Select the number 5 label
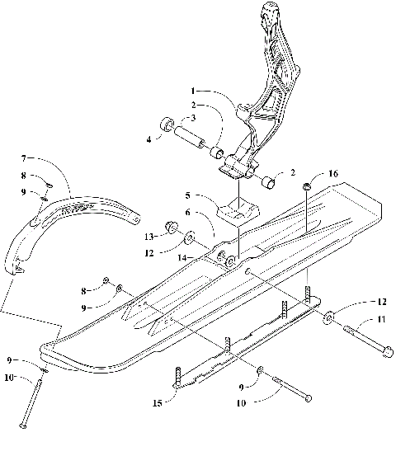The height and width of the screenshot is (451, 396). (x=187, y=196)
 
